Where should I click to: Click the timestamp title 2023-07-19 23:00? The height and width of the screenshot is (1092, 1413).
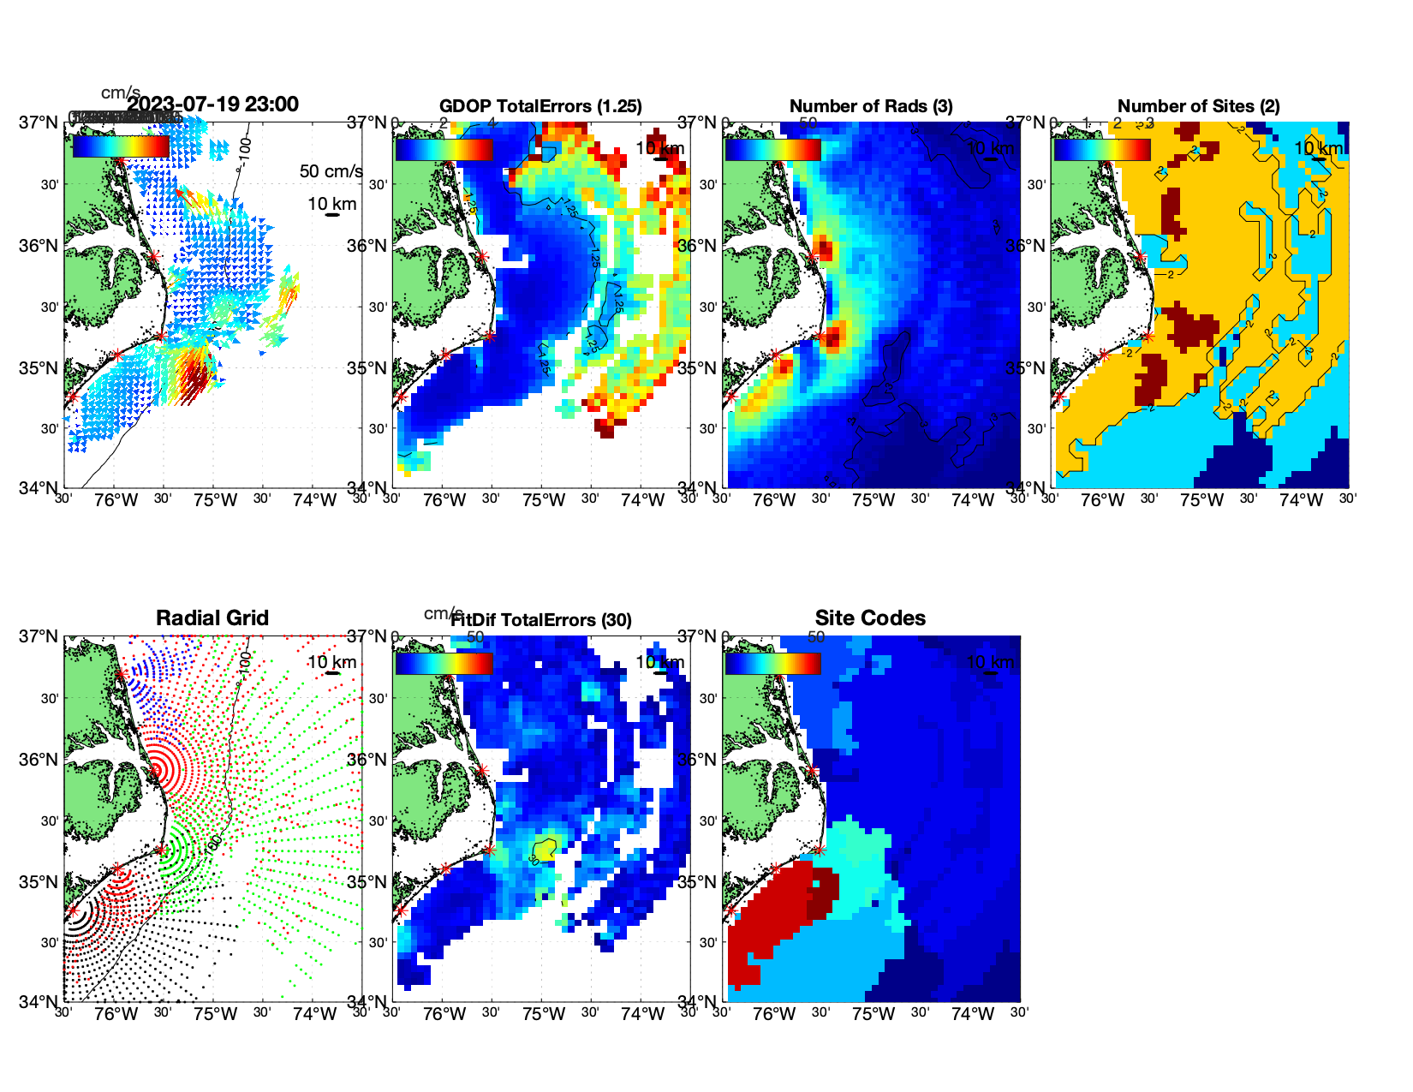point(212,104)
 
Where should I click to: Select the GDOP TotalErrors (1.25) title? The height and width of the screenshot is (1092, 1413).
point(540,106)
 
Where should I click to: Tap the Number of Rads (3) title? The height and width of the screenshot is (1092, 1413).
point(871,106)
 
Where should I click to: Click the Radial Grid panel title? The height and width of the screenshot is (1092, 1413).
point(212,618)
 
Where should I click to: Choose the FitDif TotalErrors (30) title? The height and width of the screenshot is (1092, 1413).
point(541,620)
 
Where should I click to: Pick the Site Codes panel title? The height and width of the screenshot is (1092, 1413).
point(870,618)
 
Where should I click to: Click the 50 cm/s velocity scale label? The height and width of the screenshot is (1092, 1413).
point(331,171)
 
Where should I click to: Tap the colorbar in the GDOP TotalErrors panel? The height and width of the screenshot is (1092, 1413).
point(444,149)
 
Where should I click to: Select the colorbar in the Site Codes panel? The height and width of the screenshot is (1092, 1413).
point(772,663)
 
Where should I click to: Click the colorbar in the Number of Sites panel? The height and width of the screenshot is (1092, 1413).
point(1102,149)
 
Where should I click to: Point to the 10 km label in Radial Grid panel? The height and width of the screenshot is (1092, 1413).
point(332,662)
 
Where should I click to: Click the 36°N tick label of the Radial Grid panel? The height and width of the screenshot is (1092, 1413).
point(40,760)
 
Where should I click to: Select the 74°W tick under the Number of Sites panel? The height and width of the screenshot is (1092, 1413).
point(1301,500)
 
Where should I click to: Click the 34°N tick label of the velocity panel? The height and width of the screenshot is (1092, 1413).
point(40,488)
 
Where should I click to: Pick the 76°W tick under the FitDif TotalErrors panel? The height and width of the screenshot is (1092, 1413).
point(444,1014)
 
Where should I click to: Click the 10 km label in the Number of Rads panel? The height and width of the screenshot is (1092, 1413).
point(990,148)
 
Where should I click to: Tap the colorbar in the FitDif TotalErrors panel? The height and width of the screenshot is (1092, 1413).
point(444,663)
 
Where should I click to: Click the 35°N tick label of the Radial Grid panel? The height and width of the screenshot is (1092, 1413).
point(40,882)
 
